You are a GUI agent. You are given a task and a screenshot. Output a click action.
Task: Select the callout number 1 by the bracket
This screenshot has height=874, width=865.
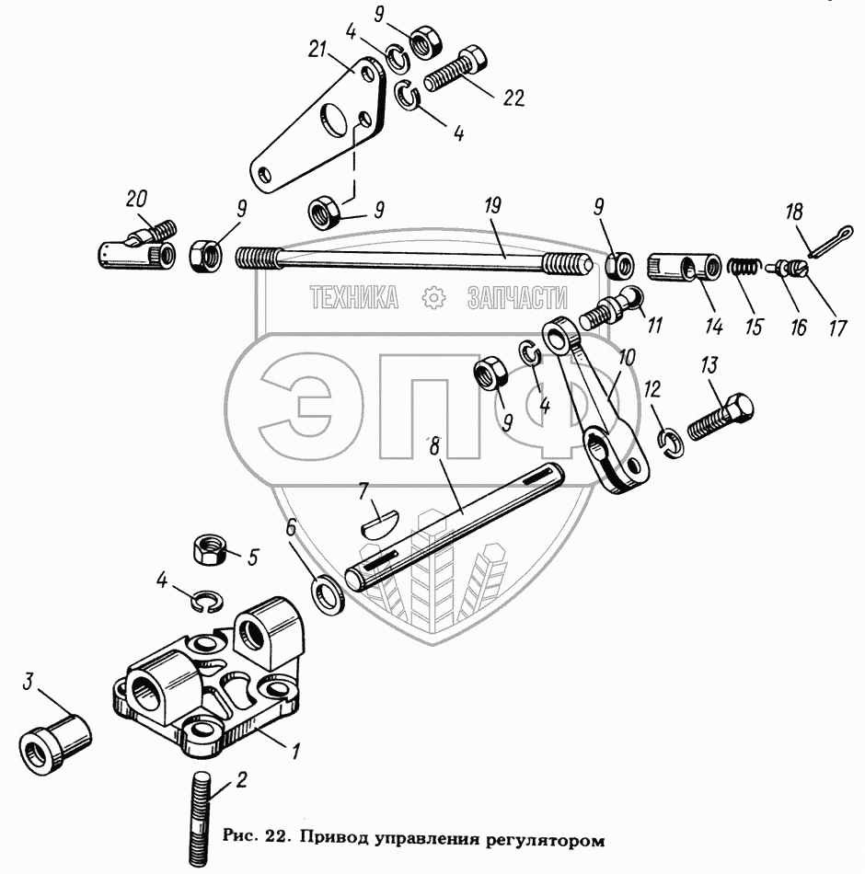294,752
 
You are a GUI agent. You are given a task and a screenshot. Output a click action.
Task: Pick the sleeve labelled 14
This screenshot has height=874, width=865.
680,269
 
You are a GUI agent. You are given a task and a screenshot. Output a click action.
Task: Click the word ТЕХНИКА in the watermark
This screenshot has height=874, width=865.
353,297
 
